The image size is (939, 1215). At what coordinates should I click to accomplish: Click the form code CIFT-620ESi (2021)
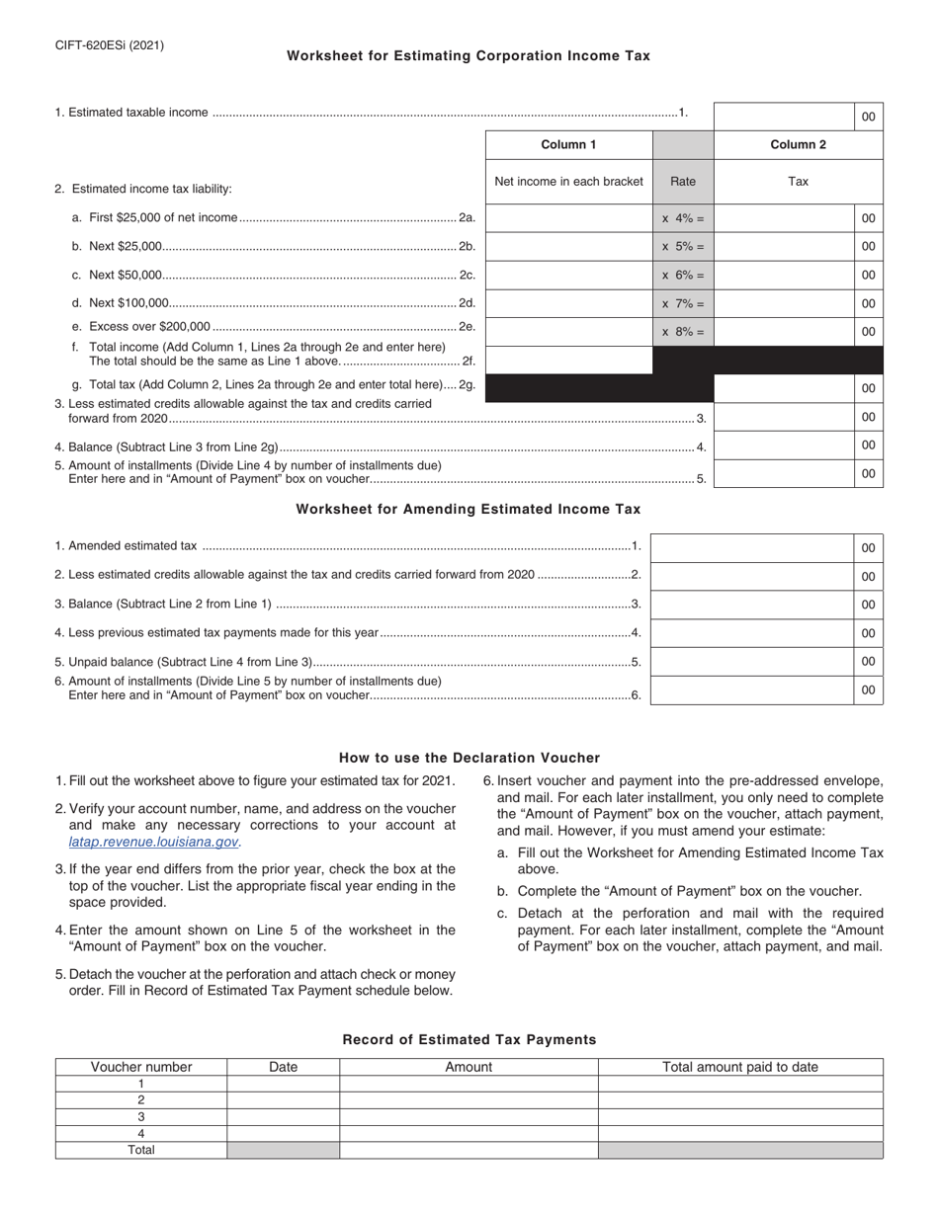[109, 45]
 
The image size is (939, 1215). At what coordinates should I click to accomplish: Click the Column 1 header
[568, 145]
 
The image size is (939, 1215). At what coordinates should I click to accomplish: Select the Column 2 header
[798, 145]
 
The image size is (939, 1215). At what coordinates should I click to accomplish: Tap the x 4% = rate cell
[683, 218]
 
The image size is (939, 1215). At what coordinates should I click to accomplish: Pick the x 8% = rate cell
[683, 332]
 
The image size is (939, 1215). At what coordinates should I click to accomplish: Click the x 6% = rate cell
[683, 276]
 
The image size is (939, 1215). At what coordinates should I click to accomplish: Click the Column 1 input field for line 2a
[568, 218]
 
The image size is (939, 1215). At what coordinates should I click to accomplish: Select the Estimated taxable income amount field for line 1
[783, 116]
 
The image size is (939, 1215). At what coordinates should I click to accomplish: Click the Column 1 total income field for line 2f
[568, 361]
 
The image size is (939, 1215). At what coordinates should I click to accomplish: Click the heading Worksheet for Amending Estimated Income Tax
[469, 510]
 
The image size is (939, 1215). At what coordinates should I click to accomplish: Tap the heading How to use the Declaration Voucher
[469, 758]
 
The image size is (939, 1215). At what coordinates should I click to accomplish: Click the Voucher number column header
[141, 1067]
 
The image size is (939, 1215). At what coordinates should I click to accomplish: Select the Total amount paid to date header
[739, 1067]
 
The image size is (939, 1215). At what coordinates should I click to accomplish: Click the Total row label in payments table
[141, 1150]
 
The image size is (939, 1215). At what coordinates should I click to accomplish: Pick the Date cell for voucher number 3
[283, 1116]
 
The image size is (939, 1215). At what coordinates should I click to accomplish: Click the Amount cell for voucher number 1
[469, 1084]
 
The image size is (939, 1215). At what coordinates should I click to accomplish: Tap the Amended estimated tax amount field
[751, 547]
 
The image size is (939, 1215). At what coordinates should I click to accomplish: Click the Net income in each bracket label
[568, 181]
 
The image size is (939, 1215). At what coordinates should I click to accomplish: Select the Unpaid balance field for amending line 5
[751, 661]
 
